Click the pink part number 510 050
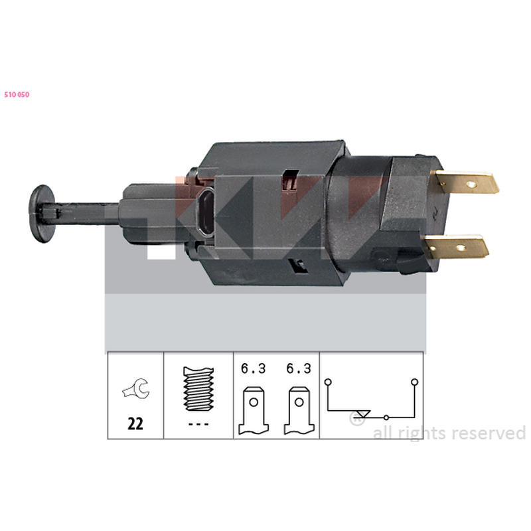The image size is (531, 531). coord(17,95)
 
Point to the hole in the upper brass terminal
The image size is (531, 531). coord(471,185)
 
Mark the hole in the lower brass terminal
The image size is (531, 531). coord(461,248)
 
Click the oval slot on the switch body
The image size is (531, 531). coord(206,212)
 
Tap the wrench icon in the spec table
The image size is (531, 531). coord(136,388)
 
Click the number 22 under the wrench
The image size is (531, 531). coord(135,423)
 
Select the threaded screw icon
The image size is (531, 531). coord(198,389)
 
